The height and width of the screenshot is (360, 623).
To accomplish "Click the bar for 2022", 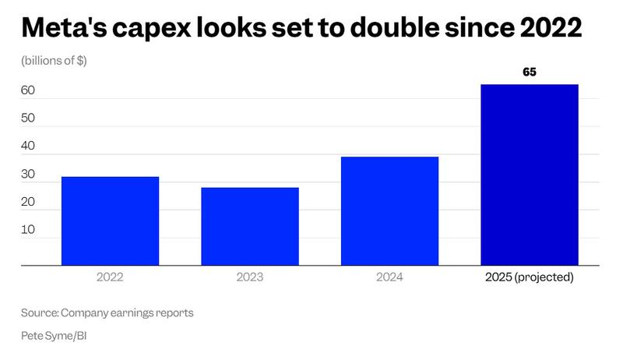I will click(x=110, y=221).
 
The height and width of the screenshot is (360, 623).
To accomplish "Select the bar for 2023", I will click(x=250, y=227).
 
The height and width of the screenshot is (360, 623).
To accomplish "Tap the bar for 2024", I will click(x=389, y=211).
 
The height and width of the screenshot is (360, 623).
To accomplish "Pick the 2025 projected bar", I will click(x=530, y=175).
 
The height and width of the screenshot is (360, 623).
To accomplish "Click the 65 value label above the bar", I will click(x=530, y=72).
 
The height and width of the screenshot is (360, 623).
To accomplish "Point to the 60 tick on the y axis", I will click(x=28, y=90).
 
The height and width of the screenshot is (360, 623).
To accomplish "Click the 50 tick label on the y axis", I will click(x=28, y=118).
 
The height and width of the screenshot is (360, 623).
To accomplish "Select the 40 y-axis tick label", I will click(x=28, y=146).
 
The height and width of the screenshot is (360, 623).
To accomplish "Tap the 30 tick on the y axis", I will click(x=28, y=175).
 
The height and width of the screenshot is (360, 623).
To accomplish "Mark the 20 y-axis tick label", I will click(x=28, y=202).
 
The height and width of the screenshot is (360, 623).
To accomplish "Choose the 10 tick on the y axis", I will click(x=28, y=230).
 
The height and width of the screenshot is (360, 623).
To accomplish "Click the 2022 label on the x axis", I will click(x=110, y=277).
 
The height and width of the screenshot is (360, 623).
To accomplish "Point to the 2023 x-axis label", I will click(x=250, y=277).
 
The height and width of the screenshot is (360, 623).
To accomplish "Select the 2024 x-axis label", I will click(x=389, y=277).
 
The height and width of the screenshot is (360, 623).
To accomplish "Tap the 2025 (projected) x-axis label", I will click(x=530, y=277).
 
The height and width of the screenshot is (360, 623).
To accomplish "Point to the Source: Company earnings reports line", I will click(x=107, y=313).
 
